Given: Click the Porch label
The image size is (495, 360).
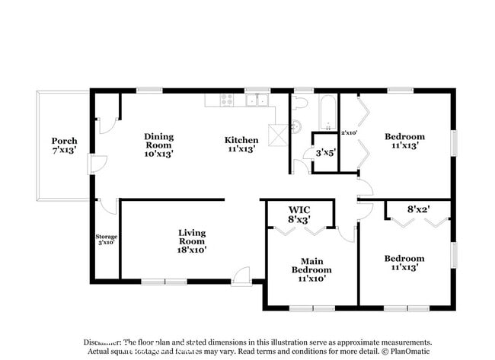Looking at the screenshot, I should (x=64, y=146).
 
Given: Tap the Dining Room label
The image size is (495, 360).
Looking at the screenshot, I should (x=159, y=145).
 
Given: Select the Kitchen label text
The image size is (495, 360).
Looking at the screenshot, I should (x=241, y=145).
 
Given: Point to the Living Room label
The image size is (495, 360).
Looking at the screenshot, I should (x=192, y=241).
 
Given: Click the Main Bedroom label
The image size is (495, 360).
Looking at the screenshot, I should (x=311, y=269).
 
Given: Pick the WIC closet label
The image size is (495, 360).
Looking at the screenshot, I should (x=299, y=215).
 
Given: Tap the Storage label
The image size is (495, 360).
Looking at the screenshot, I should (x=106, y=239).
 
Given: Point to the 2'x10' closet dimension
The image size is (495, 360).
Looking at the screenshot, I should (x=350, y=133).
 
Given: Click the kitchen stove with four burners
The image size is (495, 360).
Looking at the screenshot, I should (x=226, y=99).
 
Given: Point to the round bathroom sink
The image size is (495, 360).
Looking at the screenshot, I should (x=296, y=126).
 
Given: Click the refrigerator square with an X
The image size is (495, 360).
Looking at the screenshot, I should (x=278, y=135).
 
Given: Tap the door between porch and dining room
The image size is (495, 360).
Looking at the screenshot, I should (x=95, y=164).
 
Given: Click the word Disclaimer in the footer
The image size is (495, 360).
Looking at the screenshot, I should (x=104, y=342).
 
